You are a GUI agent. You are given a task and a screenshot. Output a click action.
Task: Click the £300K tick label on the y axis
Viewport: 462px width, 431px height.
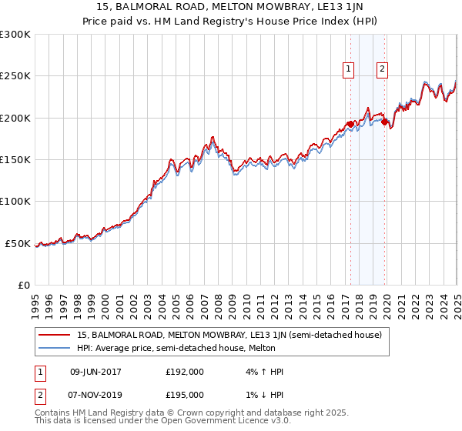pos(15,35)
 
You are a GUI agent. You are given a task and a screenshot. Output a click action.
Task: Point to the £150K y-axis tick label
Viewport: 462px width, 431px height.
pos(15,160)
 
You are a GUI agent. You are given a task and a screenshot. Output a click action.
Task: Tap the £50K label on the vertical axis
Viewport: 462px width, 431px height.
pos(18,244)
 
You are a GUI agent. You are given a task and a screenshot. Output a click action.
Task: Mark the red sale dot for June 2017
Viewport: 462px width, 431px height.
pos(350,124)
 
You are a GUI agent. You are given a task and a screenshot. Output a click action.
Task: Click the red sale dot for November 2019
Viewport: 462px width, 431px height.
pos(384,121)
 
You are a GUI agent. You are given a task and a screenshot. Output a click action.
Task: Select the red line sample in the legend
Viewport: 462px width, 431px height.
pos(55,335)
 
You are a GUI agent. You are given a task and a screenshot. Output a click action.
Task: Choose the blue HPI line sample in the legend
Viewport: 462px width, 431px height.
pos(55,348)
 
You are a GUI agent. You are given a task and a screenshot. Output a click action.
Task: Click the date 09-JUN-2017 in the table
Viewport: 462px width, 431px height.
pos(96,372)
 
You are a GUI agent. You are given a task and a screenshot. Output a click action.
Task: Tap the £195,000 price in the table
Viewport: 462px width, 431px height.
pos(185,394)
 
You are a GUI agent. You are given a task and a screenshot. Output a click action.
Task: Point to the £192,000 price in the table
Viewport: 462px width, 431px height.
pos(185,372)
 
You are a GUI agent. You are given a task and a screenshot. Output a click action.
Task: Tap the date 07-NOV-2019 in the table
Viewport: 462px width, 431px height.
pos(96,394)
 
